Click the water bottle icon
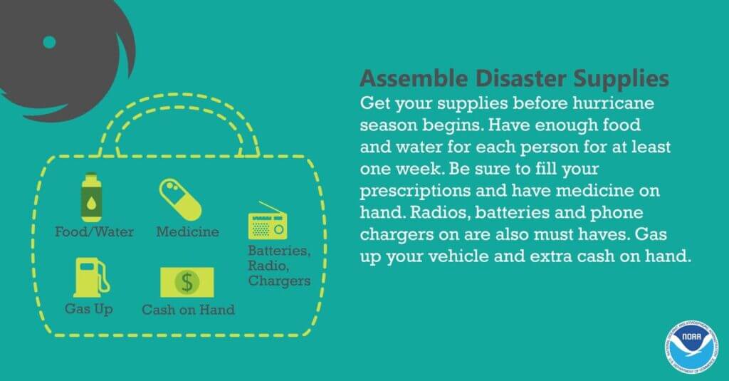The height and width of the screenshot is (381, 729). coord(91,198)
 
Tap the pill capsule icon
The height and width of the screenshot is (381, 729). coord(180,199)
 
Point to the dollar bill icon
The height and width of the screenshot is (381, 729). coord(187,283)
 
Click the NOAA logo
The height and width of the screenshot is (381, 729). coord(691,347)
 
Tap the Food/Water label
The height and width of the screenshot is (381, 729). coord(95,231)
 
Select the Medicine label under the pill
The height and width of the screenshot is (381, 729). coord(187,231)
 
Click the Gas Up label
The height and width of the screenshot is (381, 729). coord(89,309)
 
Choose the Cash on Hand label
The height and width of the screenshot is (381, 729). coord(188,310)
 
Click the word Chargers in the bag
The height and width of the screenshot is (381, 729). coord(279,281)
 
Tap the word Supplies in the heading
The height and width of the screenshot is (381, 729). coord(621,79)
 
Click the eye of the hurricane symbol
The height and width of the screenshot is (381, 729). coord(49,42)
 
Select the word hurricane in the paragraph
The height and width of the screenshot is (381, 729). coord(613,103)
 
